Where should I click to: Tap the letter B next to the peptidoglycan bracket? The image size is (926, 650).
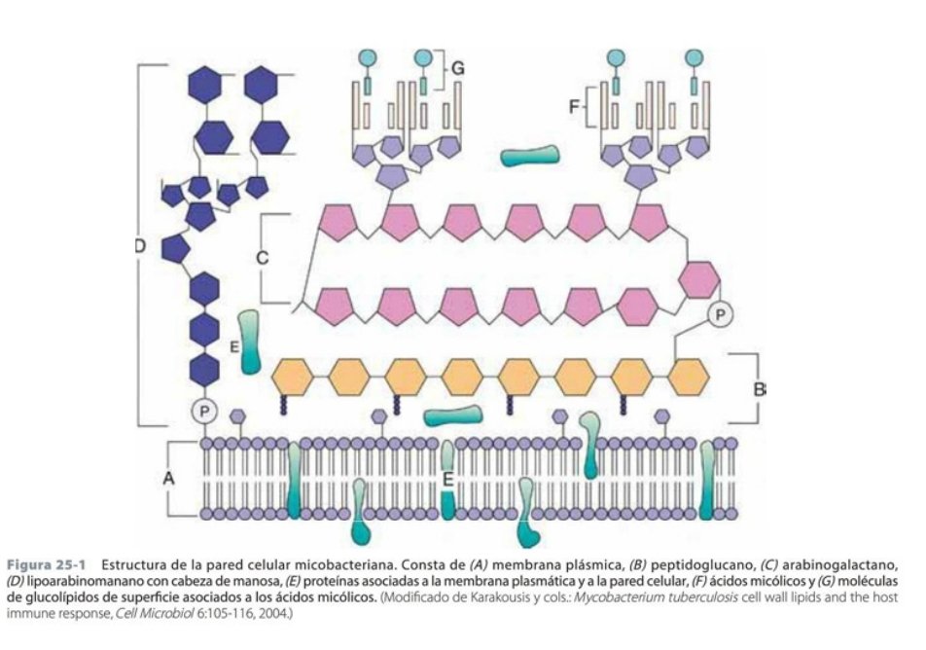760,388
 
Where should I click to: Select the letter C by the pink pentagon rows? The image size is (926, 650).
261,258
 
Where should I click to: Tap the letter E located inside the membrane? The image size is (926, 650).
447,480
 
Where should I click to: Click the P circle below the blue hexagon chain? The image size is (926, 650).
204,411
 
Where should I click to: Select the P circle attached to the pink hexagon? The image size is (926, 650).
722,314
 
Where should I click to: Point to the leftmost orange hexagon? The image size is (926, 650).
292,375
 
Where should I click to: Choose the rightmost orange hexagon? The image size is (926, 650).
689,375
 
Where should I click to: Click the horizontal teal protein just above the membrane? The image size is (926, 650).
452,416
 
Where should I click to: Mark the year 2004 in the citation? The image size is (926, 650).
272,614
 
